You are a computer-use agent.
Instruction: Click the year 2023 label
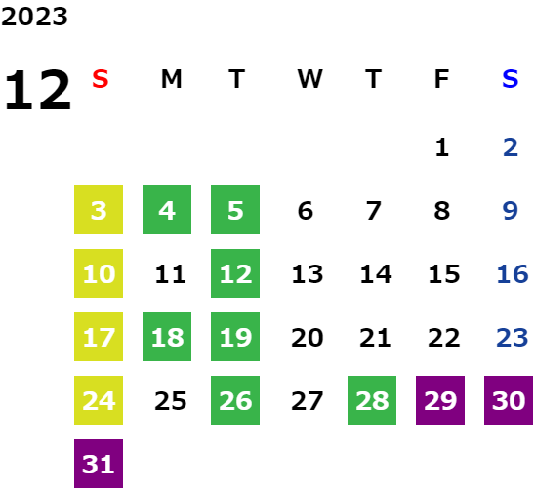coord(34,17)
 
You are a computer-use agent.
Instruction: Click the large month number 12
coord(38,90)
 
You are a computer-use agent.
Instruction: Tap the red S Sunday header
coord(101,79)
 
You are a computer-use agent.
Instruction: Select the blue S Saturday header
coord(510,79)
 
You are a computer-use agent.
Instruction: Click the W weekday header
coord(309,79)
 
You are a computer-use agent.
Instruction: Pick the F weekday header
coord(441,79)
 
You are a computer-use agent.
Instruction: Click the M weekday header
coord(171,79)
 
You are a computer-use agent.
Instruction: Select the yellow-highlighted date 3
coord(99,210)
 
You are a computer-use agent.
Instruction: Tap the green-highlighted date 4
coord(167,210)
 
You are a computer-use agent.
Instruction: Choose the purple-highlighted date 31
coord(99,464)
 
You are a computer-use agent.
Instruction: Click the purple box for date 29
coord(440,400)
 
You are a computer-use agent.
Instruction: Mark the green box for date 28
coord(372,400)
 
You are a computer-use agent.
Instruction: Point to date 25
coord(171,400)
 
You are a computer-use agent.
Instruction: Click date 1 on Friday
coord(442,147)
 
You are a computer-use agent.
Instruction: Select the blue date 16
coord(513,273)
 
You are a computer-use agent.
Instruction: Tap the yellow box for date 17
coord(99,337)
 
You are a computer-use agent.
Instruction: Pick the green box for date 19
coord(235,337)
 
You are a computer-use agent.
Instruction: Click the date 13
coord(308,273)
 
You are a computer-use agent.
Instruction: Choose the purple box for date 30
coord(509,400)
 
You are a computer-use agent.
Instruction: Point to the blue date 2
coord(511,147)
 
